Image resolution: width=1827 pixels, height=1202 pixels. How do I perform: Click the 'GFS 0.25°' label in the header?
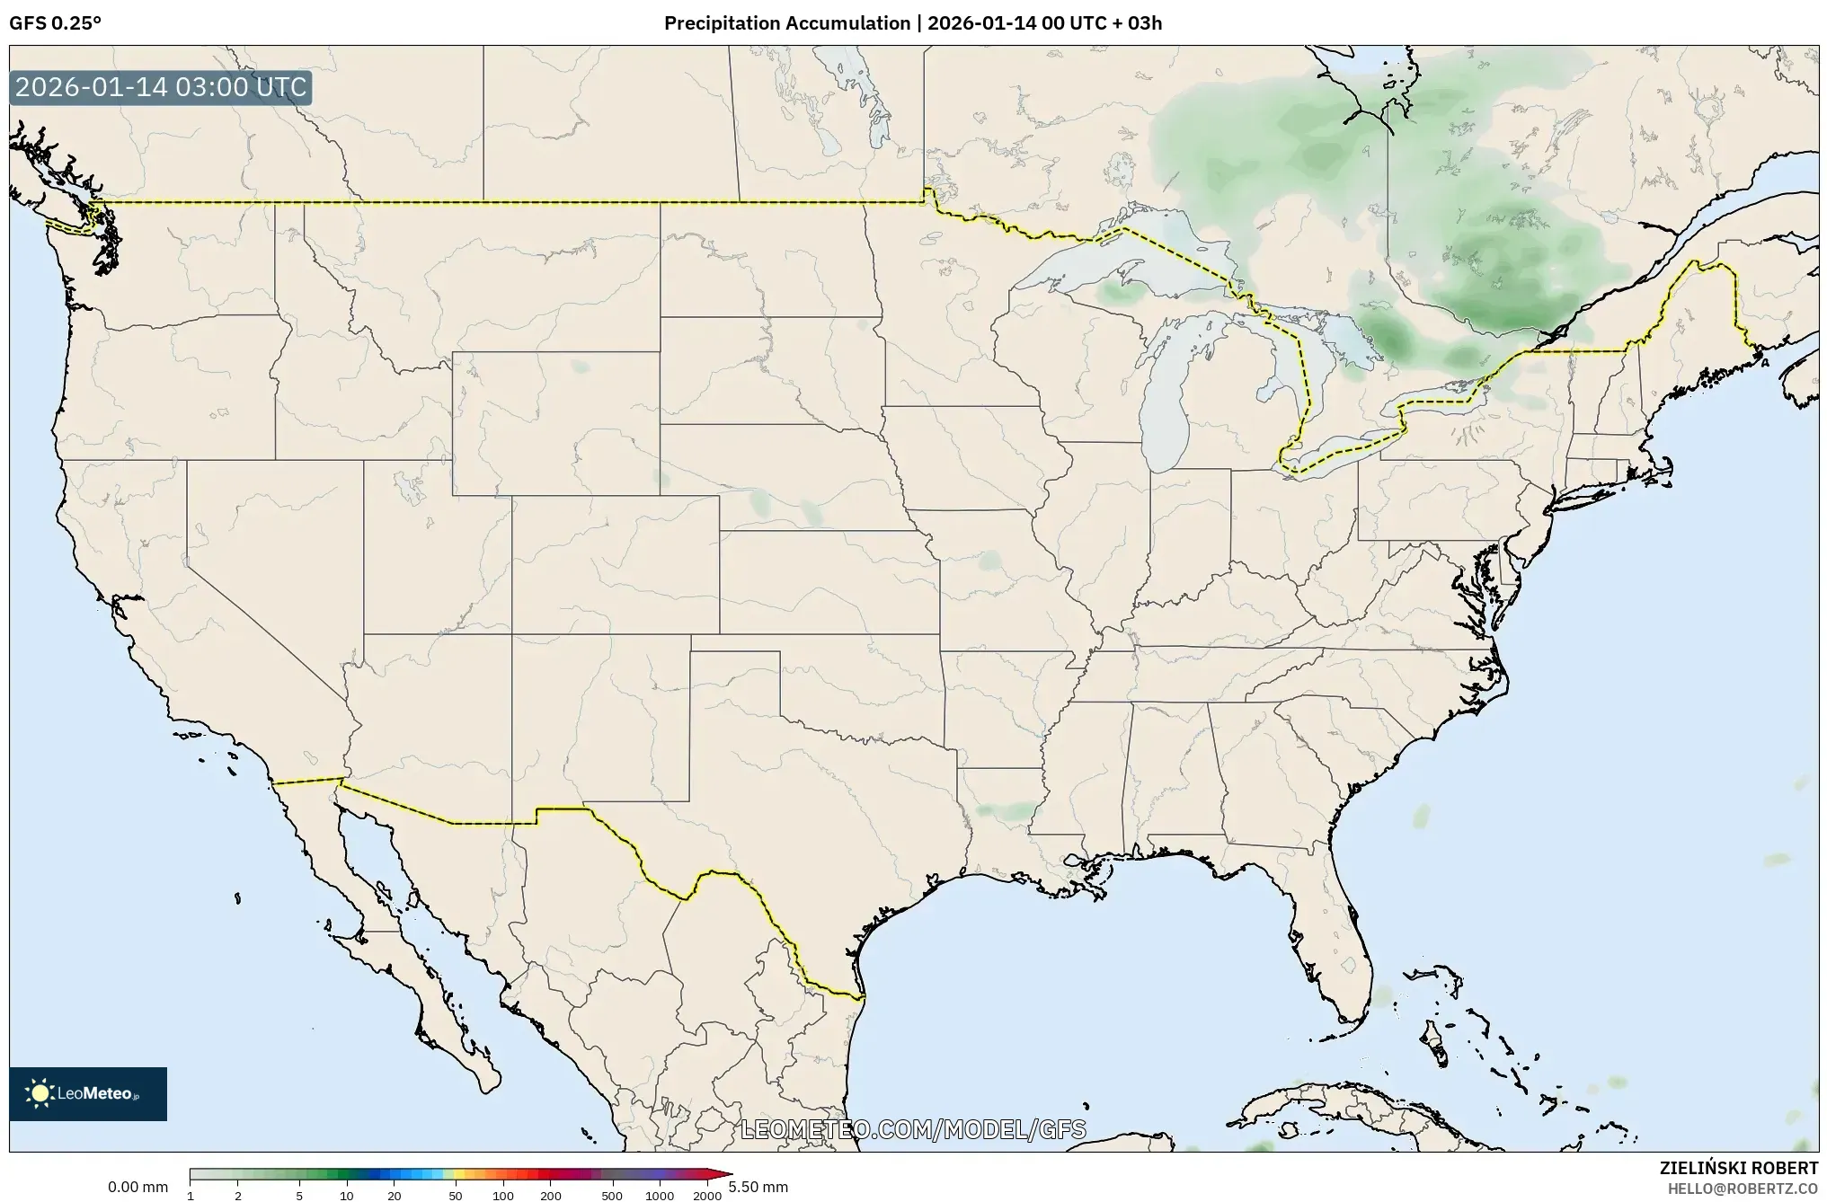(55, 23)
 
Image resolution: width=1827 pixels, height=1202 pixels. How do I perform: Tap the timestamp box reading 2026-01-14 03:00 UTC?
(161, 88)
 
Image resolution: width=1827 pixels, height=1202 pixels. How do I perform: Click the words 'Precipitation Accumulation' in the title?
(786, 23)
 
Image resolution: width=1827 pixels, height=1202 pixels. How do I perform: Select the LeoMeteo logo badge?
(88, 1093)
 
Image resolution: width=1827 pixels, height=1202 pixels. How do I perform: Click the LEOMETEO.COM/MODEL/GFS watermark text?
(913, 1129)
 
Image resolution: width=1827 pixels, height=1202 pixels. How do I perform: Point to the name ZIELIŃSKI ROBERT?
(1738, 1169)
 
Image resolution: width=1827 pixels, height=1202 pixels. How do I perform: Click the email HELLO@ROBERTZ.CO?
(1743, 1189)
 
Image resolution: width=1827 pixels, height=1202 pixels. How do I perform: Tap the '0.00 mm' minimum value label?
(137, 1188)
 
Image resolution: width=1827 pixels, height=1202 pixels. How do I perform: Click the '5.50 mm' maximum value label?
(758, 1188)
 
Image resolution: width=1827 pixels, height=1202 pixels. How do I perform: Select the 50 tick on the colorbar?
(456, 1196)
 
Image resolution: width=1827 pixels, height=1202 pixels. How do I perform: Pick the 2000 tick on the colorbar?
(707, 1196)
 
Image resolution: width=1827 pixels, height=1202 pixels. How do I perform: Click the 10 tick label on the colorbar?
(347, 1196)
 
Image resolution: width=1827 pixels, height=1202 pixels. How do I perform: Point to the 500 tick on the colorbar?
(612, 1196)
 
